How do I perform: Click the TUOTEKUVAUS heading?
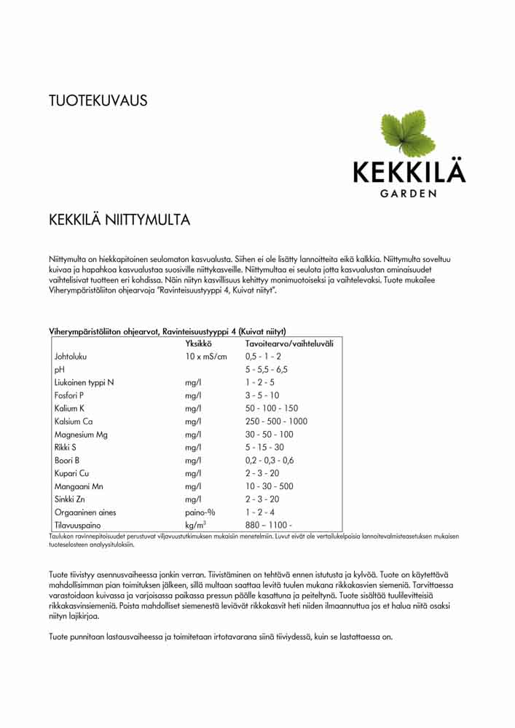pyautogui.click(x=98, y=100)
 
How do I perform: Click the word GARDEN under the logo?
pyautogui.click(x=409, y=194)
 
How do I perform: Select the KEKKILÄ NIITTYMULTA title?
pyautogui.click(x=119, y=219)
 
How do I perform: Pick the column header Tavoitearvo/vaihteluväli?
pyautogui.click(x=289, y=344)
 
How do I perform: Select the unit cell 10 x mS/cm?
pyautogui.click(x=206, y=357)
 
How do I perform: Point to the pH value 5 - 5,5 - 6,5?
pyautogui.click(x=267, y=370)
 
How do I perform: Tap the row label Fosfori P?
pyautogui.click(x=69, y=395)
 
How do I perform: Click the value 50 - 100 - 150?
pyautogui.click(x=272, y=408)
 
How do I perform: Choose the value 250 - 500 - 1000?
pyautogui.click(x=276, y=422)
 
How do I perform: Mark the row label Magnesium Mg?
pyautogui.click(x=82, y=435)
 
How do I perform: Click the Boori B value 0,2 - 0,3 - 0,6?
pyautogui.click(x=270, y=461)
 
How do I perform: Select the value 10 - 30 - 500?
pyautogui.click(x=270, y=486)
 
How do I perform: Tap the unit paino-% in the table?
pyautogui.click(x=200, y=513)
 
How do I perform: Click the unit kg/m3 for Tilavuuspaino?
pyautogui.click(x=195, y=525)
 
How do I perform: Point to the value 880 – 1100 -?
pyautogui.click(x=269, y=526)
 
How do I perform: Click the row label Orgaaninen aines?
pyautogui.click(x=84, y=513)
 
